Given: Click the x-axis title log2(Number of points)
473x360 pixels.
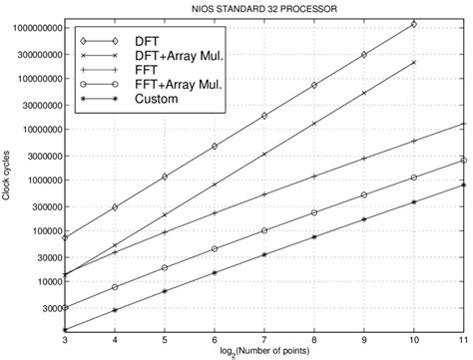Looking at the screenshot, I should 263,351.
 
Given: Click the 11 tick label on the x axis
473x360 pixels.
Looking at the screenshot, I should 463,339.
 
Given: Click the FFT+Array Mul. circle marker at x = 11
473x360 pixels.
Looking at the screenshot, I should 464,160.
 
